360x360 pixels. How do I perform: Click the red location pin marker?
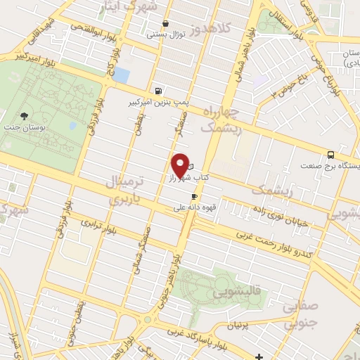[x=181, y=165]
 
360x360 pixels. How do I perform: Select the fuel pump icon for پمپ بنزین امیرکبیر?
[x=158, y=91]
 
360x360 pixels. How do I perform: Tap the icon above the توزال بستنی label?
[x=165, y=23]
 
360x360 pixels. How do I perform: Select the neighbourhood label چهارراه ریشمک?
[x=221, y=120]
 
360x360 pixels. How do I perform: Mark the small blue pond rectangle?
[x=122, y=75]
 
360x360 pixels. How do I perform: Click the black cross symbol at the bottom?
[x=259, y=356]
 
